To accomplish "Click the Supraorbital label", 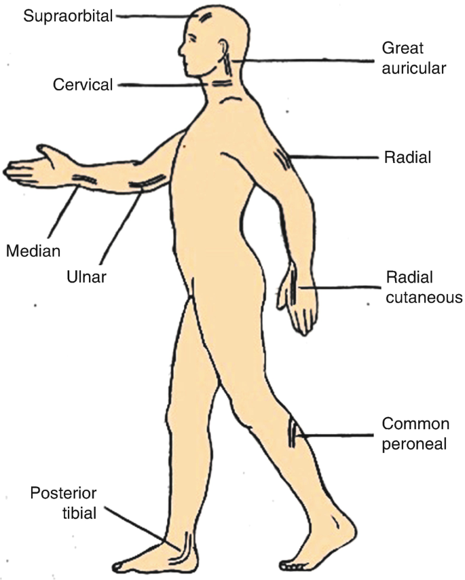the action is tap(68, 15).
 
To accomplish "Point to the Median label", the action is tap(33, 251).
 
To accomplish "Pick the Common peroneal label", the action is tap(415, 434).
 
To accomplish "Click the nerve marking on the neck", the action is tap(221, 84).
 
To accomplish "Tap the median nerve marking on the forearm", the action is tap(85, 178).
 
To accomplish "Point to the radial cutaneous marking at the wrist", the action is tap(293, 285).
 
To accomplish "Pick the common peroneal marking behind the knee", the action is tap(293, 433).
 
